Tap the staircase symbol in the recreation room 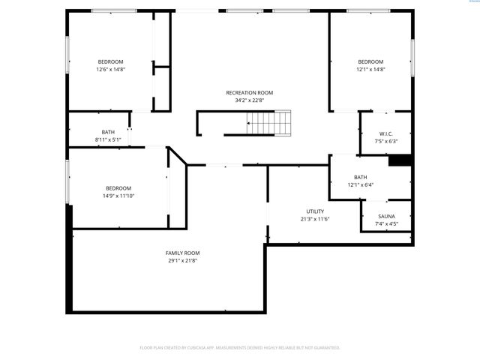(x=269, y=121)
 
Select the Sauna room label (x=386, y=216)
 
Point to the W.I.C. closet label (x=386, y=133)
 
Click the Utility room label (x=315, y=211)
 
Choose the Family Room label (x=182, y=253)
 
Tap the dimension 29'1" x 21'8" (x=182, y=260)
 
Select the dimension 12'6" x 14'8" (x=110, y=69)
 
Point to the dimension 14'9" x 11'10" (x=118, y=196)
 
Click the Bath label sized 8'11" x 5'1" (x=108, y=132)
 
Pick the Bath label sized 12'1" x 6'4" (x=360, y=177)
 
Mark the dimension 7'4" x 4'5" (x=386, y=223)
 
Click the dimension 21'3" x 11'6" (x=315, y=218)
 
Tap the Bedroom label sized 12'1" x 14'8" (x=370, y=61)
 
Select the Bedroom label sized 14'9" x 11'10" (x=118, y=188)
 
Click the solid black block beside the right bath (x=399, y=160)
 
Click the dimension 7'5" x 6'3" (x=386, y=141)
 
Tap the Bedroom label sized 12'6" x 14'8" (x=110, y=61)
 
